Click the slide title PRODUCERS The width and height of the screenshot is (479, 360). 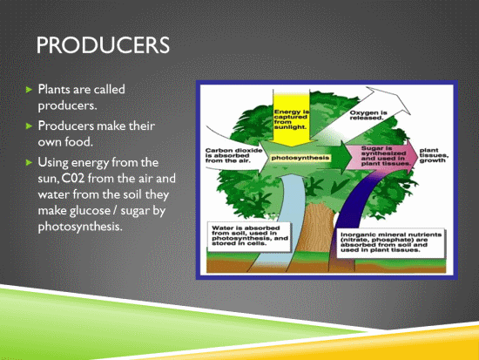click(103, 45)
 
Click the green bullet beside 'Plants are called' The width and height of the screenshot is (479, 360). click(29, 90)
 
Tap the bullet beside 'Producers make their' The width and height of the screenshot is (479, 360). click(29, 126)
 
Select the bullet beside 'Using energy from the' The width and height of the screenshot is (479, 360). click(29, 162)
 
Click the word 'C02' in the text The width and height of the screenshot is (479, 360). click(72, 179)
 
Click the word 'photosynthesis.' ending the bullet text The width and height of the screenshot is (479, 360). click(80, 227)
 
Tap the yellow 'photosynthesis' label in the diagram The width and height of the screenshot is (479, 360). click(300, 158)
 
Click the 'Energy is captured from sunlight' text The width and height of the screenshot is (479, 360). click(291, 119)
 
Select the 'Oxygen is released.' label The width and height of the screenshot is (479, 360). click(368, 115)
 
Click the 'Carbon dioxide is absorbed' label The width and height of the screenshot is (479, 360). click(233, 155)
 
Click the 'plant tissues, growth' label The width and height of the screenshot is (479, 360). click(434, 155)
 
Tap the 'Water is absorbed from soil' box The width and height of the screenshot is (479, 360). click(249, 236)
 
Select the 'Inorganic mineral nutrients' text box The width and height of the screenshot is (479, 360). click(391, 242)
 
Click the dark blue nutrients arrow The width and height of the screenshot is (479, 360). click(351, 208)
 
